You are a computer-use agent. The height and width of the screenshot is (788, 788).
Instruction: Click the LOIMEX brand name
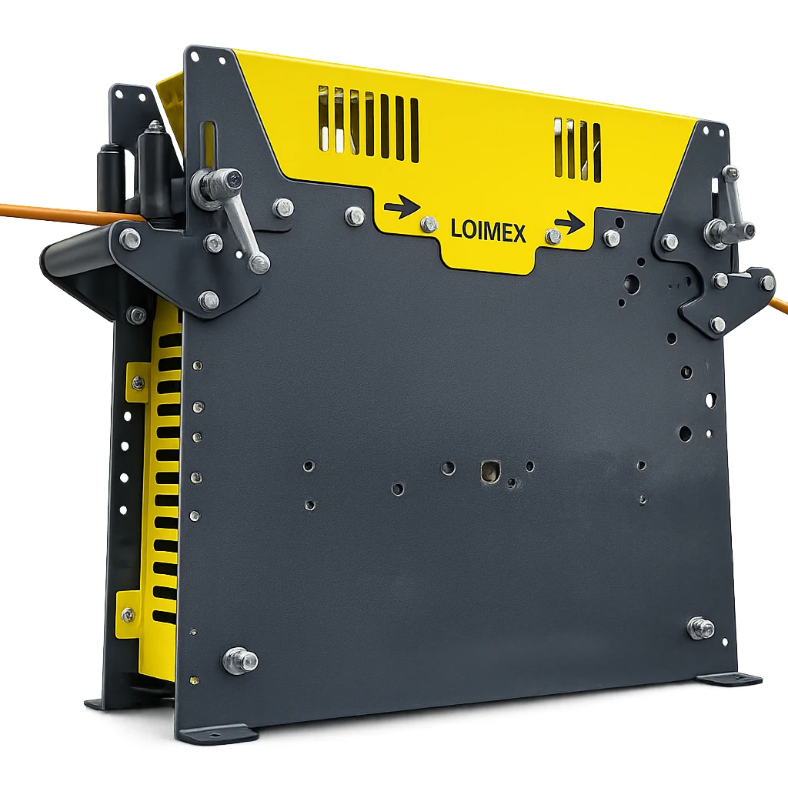pyautogui.click(x=488, y=232)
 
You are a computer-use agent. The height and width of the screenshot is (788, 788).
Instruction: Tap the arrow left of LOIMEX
pyautogui.click(x=402, y=207)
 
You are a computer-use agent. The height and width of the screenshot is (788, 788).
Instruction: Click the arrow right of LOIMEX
pyautogui.click(x=570, y=222)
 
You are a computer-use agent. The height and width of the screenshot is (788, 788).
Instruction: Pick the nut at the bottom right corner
pyautogui.click(x=701, y=628)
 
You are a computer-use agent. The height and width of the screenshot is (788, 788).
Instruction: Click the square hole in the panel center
pyautogui.click(x=489, y=471)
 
